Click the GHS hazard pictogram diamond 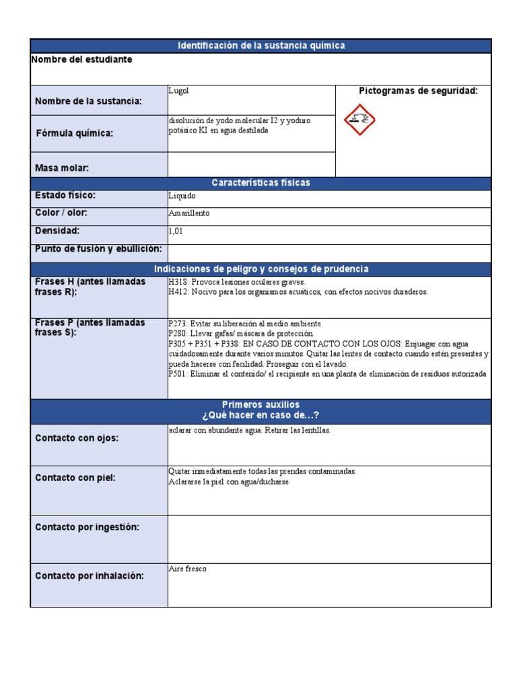point(360,120)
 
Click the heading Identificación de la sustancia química point(261,46)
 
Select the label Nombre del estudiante point(82,60)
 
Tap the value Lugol point(179,90)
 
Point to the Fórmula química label point(75,133)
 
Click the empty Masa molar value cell point(251,164)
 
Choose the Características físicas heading point(261,183)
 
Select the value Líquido point(182,196)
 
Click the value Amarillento point(189,213)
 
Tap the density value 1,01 point(176,231)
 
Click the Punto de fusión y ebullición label point(98,249)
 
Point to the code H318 point(179,283)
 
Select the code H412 point(179,292)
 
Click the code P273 point(178,324)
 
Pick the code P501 point(178,374)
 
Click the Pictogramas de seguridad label point(418,91)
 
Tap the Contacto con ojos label point(77,438)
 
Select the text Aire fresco point(188,569)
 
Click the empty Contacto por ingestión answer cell point(329,539)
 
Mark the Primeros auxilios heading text point(261,404)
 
